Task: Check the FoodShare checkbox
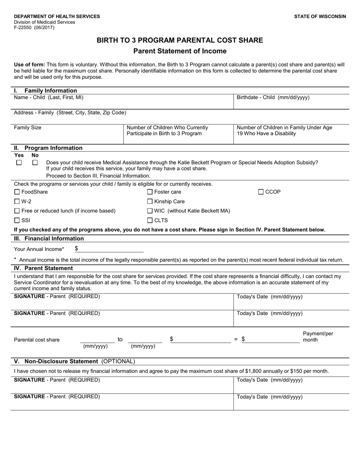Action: point(17,192)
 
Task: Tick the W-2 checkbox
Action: point(17,202)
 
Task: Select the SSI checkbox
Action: point(17,220)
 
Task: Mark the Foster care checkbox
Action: point(150,192)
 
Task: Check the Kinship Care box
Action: point(150,202)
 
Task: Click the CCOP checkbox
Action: point(261,192)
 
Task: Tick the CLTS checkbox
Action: point(150,220)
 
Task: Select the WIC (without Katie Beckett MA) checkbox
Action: point(150,211)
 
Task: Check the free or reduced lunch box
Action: point(17,211)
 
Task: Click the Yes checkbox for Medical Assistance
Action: point(19,163)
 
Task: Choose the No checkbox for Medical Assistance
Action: point(35,163)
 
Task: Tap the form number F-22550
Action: point(24,28)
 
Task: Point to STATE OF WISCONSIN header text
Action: point(320,17)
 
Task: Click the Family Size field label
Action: point(28,128)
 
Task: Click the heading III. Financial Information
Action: point(49,239)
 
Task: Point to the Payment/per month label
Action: point(318,337)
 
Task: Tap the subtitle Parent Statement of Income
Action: point(180,51)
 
